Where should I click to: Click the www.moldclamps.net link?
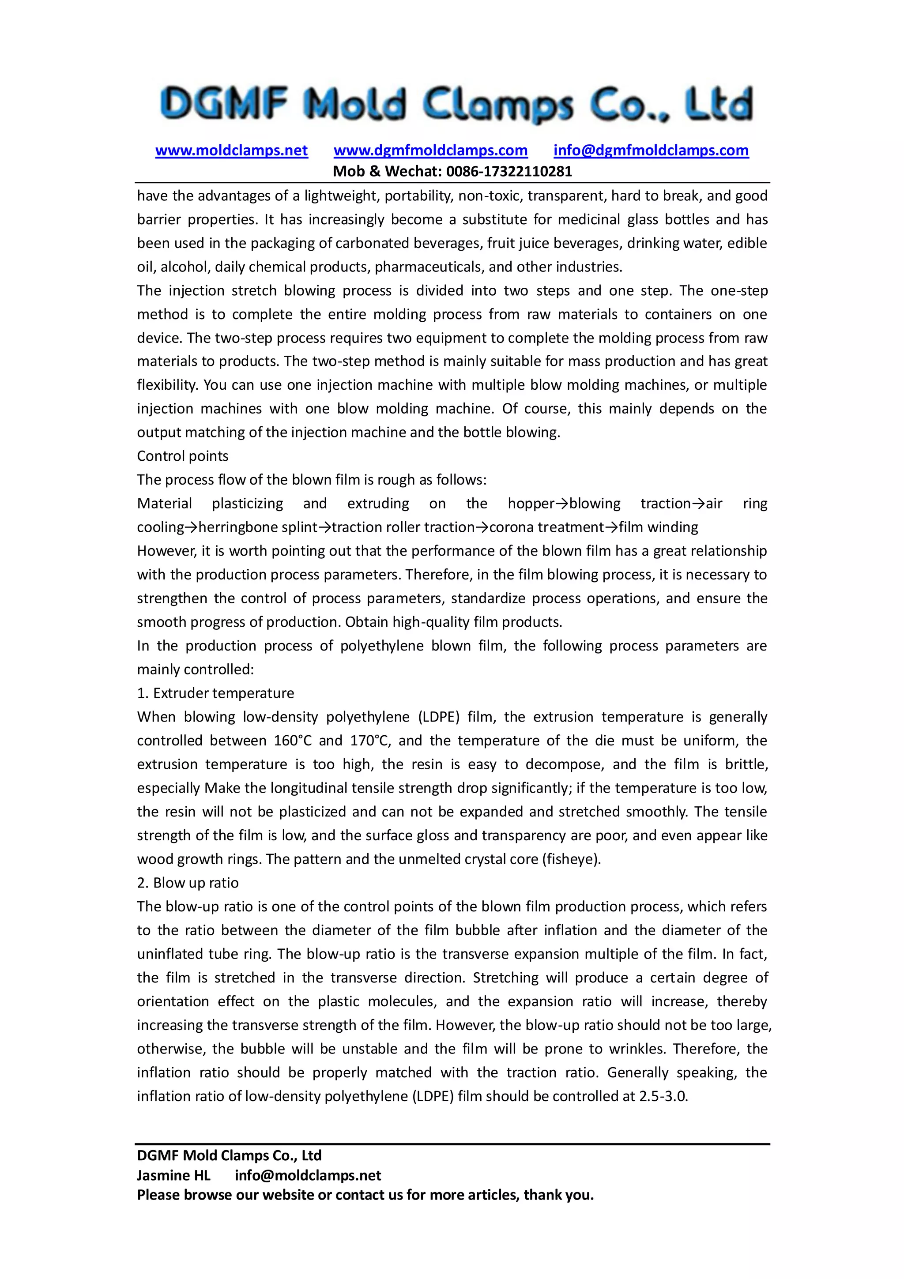tap(231, 150)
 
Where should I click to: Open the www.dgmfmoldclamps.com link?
tap(430, 150)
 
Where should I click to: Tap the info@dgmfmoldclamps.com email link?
tap(651, 150)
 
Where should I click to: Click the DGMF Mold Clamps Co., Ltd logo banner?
tap(456, 104)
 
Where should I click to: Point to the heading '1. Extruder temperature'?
tap(215, 693)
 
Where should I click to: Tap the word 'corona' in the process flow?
tap(511, 527)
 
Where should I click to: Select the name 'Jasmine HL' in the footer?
tap(173, 1175)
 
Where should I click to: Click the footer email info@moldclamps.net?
tap(308, 1175)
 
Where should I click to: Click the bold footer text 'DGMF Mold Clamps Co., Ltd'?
tap(229, 1155)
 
